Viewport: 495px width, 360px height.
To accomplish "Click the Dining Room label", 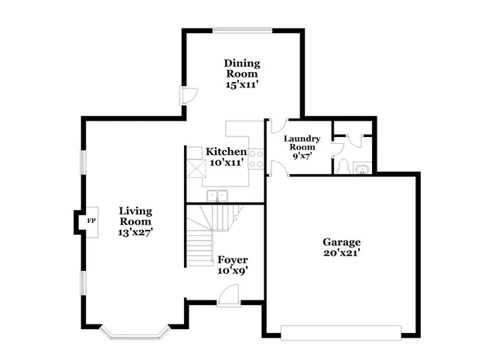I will tap(241, 69).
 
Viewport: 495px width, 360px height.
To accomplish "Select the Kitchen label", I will tap(226, 151).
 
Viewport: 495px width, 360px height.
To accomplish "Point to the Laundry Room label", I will tap(301, 142).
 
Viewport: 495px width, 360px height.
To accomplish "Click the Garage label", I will tap(341, 241).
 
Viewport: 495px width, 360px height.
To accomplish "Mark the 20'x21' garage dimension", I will tap(341, 252).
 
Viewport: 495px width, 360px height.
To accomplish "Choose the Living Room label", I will tap(135, 216).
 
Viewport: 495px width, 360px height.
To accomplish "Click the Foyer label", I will tap(232, 259).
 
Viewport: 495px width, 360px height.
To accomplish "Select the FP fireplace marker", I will tap(91, 221).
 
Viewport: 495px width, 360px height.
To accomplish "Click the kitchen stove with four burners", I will tap(256, 158).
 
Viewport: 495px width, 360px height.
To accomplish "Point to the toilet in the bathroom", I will tap(341, 166).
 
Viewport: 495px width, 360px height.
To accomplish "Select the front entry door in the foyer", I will tap(228, 297).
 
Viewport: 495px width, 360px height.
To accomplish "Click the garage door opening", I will tap(341, 334).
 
